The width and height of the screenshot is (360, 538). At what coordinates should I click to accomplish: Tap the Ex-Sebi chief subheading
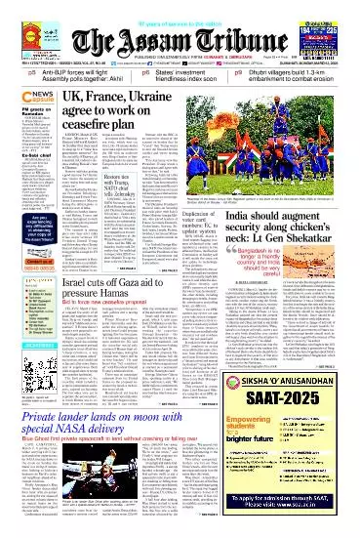coord(21,154)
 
